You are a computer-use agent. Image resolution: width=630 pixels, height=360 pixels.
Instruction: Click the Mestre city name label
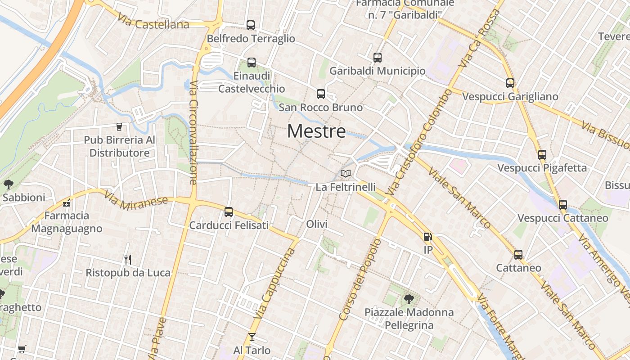point(316,131)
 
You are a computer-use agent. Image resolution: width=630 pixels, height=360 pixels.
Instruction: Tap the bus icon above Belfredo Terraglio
point(251,25)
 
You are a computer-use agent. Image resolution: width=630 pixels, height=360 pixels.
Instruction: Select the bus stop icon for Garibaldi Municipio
point(378,58)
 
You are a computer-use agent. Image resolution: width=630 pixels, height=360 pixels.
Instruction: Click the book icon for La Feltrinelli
point(346,173)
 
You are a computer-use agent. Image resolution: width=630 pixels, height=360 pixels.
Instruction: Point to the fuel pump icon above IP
point(427,236)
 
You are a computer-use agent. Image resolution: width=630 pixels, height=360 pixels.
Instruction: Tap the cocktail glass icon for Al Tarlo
point(252,337)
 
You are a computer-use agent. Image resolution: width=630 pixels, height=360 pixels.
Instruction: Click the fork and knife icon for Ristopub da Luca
point(128,259)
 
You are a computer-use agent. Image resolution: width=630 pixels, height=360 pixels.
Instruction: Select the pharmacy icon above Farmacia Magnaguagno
point(67,203)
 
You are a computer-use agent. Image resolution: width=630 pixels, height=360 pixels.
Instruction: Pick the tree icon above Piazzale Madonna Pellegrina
point(409,299)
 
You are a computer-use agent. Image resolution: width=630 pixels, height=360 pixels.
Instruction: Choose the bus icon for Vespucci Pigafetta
point(542,155)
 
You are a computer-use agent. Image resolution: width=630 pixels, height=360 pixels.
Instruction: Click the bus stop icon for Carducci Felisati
point(229,212)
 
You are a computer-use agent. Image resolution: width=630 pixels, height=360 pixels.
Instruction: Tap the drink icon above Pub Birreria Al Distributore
point(119,127)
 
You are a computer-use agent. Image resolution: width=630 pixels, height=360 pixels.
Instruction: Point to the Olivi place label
point(316,224)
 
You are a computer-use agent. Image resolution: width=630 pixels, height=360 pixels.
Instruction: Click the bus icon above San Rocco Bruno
point(320,94)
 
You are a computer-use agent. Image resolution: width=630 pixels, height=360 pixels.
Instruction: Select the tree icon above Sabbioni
point(8,184)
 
